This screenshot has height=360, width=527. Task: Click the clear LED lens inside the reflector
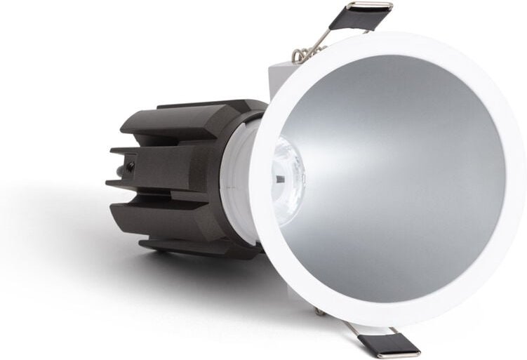(x=288, y=172)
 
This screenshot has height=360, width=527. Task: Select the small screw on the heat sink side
(x=131, y=166)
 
